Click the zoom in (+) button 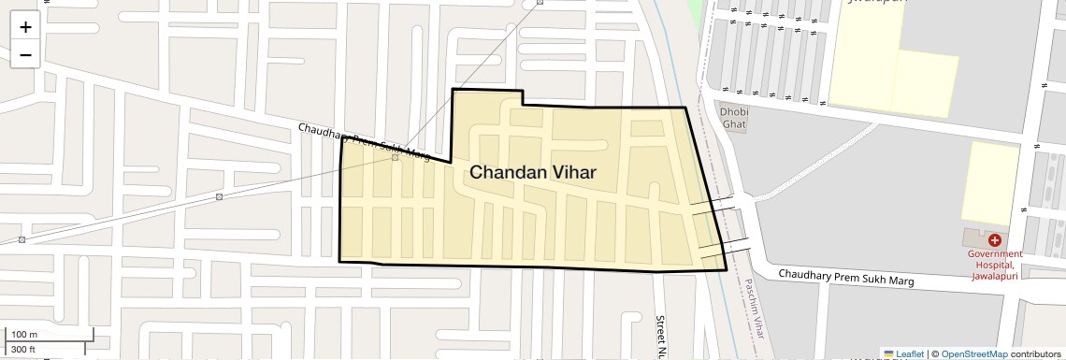pos(25,26)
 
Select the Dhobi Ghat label pos(733,119)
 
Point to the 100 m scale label pos(24,334)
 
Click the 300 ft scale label pos(23,350)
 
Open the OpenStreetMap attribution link pos(974,354)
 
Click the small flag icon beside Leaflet pos(888,354)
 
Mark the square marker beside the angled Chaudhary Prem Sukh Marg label pos(396,157)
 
